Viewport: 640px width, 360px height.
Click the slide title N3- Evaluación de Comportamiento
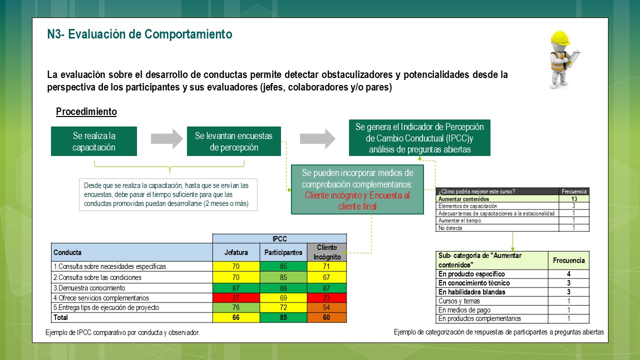point(139,34)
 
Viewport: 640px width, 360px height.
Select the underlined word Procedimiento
point(86,111)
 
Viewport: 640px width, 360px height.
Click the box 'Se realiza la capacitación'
point(94,141)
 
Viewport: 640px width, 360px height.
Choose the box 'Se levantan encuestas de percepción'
point(233,141)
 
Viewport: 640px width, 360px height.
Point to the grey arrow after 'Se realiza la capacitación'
point(167,138)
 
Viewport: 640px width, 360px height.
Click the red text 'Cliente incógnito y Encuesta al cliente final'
point(357,200)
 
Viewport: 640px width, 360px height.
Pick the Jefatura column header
point(236,252)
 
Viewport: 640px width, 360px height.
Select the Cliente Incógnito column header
point(327,252)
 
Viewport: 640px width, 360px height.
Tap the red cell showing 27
point(236,297)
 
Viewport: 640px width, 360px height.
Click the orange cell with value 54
point(327,307)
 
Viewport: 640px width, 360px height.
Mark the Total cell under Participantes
point(283,317)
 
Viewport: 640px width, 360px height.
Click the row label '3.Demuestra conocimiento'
point(89,288)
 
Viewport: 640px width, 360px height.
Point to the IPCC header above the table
point(279,238)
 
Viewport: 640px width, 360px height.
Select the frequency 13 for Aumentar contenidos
point(574,198)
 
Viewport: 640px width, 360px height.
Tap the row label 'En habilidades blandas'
point(471,292)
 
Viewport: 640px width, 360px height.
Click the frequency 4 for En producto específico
point(568,274)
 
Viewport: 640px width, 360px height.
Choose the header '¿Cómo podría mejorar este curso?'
point(476,191)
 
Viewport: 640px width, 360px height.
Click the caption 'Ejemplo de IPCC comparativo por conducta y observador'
point(122,332)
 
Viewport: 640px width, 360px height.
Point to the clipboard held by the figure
point(572,58)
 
